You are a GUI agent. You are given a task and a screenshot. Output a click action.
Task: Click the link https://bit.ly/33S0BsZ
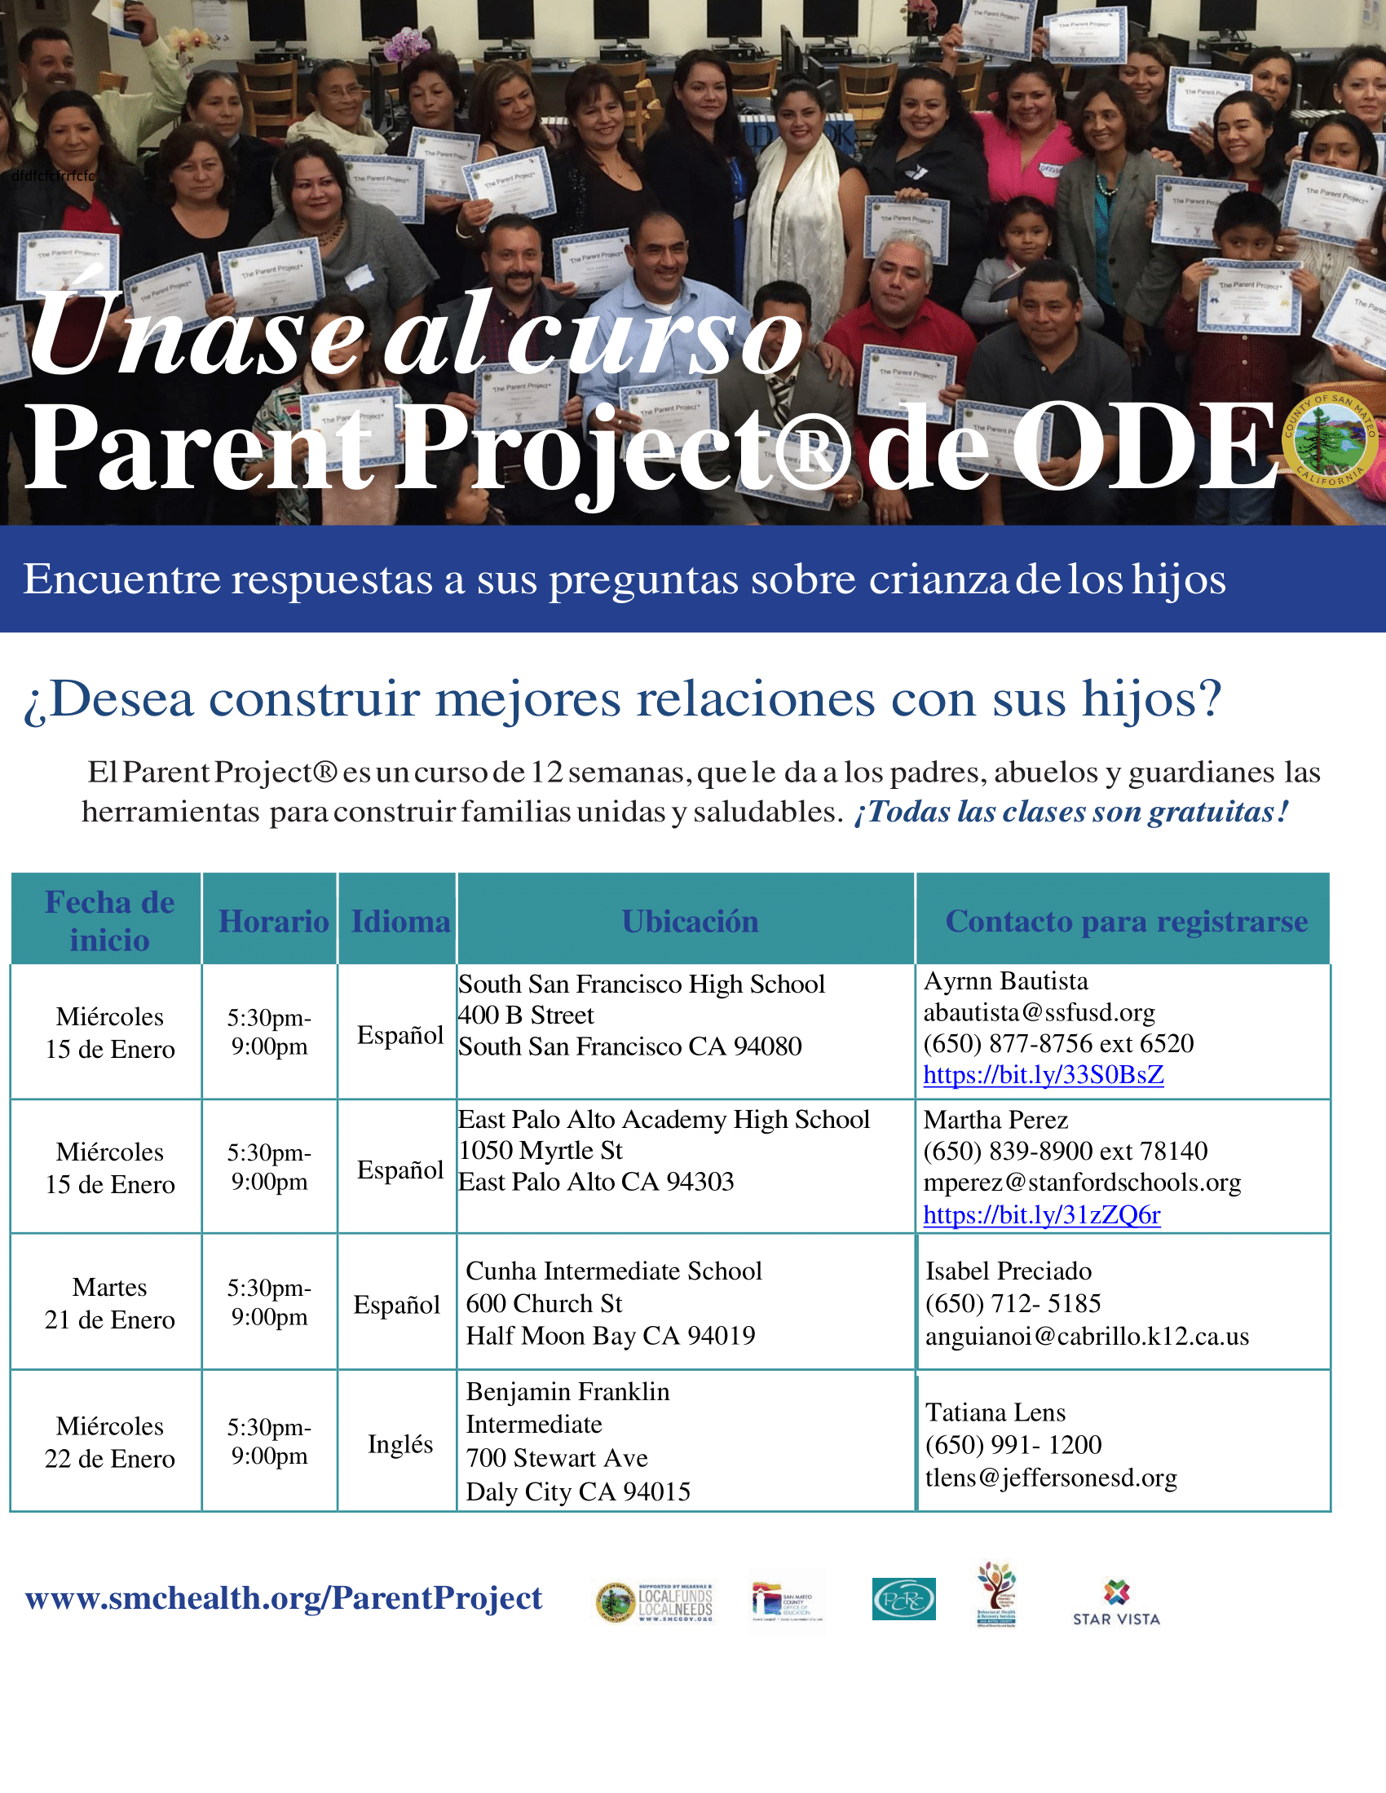[x=1043, y=1075]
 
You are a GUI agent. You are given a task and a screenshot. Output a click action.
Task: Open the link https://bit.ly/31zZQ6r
[x=1041, y=1214]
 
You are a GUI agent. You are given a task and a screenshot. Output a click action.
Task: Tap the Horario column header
[x=273, y=921]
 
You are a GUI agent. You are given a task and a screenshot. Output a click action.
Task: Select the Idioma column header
[x=399, y=921]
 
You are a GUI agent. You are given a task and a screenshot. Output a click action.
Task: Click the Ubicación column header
[x=690, y=921]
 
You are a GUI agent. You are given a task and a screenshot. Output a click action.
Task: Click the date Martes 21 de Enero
[x=109, y=1303]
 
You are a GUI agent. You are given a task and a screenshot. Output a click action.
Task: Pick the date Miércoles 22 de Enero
[x=109, y=1442]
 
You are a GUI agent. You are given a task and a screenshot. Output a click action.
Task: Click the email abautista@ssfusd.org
[x=1039, y=1012]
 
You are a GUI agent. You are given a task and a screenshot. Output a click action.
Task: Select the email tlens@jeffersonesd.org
[x=1050, y=1478]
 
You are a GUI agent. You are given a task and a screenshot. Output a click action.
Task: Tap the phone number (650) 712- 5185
[x=1013, y=1303]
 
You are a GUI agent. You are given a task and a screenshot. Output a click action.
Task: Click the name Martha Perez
[x=995, y=1120]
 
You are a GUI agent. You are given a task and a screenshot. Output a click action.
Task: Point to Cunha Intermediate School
[x=613, y=1271]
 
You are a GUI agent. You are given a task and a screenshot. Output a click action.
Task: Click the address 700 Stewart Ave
[x=557, y=1457]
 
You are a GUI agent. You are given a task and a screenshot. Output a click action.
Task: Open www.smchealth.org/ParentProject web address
[x=283, y=1597]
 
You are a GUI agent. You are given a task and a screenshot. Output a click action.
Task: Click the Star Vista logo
[x=1116, y=1601]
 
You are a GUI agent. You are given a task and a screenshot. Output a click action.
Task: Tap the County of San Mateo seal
[x=1330, y=440]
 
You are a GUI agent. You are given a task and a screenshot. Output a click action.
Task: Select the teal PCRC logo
[x=903, y=1598]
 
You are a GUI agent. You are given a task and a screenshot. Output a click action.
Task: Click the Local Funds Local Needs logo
[x=655, y=1601]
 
